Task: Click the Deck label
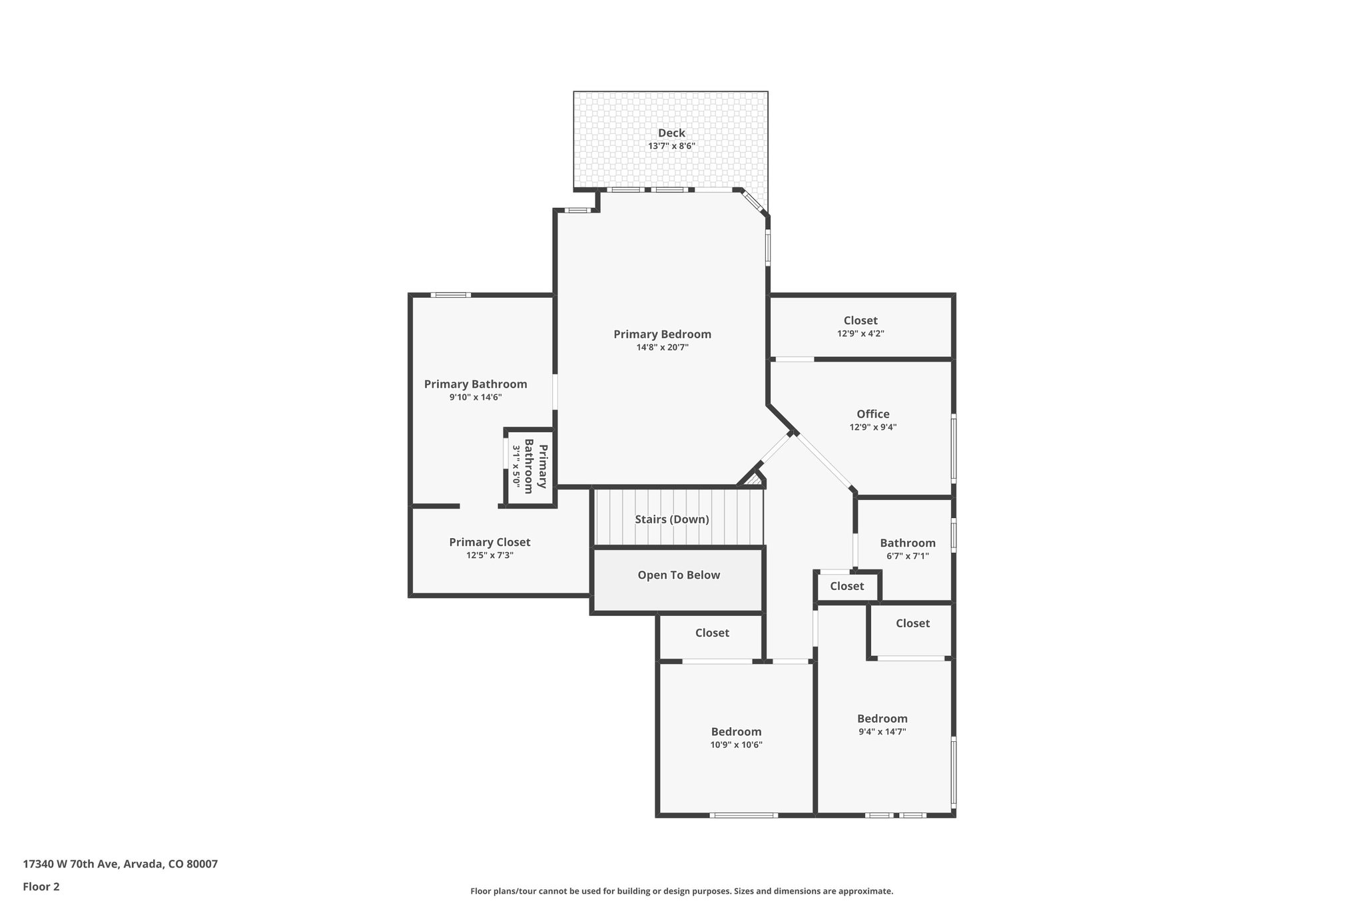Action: point(671,133)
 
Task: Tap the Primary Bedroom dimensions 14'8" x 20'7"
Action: point(662,347)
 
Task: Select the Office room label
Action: point(872,414)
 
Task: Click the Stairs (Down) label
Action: point(671,519)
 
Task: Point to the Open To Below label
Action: point(679,575)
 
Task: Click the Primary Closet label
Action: point(490,543)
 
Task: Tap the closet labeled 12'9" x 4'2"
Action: point(860,326)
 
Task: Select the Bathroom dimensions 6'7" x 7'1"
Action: point(907,556)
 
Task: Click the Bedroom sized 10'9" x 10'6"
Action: point(736,738)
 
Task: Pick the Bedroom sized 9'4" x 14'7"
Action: point(882,725)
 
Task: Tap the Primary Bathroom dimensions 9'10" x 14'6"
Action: point(476,398)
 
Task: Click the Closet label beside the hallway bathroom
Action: point(847,586)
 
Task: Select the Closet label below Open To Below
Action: point(712,633)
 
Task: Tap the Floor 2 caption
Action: point(41,887)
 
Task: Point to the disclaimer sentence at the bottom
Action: point(681,891)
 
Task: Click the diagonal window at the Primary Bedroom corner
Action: point(753,202)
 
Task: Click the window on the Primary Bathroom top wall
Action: point(450,295)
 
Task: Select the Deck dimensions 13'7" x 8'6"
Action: point(671,147)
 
